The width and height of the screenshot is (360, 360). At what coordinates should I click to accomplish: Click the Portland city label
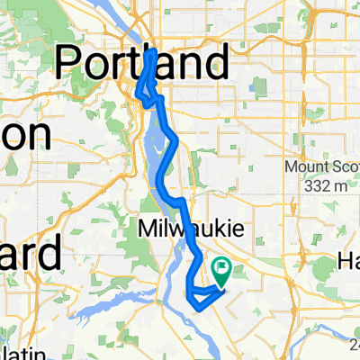(x=142, y=64)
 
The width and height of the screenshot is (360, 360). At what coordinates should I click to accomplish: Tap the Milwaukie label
(x=190, y=230)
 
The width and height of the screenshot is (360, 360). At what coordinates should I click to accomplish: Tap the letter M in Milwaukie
(x=147, y=230)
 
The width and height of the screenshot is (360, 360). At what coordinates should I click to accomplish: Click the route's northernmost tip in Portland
(x=150, y=53)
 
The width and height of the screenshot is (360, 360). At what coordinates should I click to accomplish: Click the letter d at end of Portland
(x=214, y=64)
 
